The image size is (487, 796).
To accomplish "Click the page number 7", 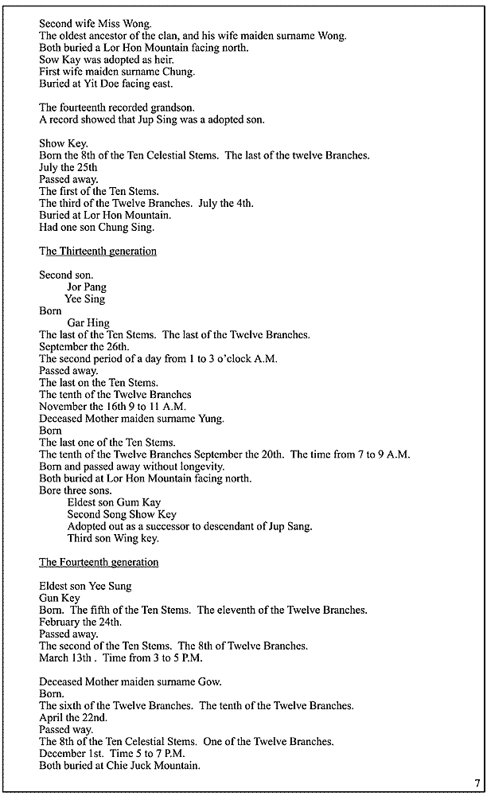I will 477,783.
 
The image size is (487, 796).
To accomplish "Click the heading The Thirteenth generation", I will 98,252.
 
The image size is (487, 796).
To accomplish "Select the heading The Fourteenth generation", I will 99,563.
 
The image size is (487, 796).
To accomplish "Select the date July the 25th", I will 68,168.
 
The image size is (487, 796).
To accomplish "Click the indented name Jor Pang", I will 87,287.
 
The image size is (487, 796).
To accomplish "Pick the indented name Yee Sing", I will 85,299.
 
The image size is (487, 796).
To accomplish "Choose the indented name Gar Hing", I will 88,323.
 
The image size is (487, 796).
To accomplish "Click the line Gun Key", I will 59,599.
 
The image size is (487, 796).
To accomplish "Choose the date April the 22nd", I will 69,718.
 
